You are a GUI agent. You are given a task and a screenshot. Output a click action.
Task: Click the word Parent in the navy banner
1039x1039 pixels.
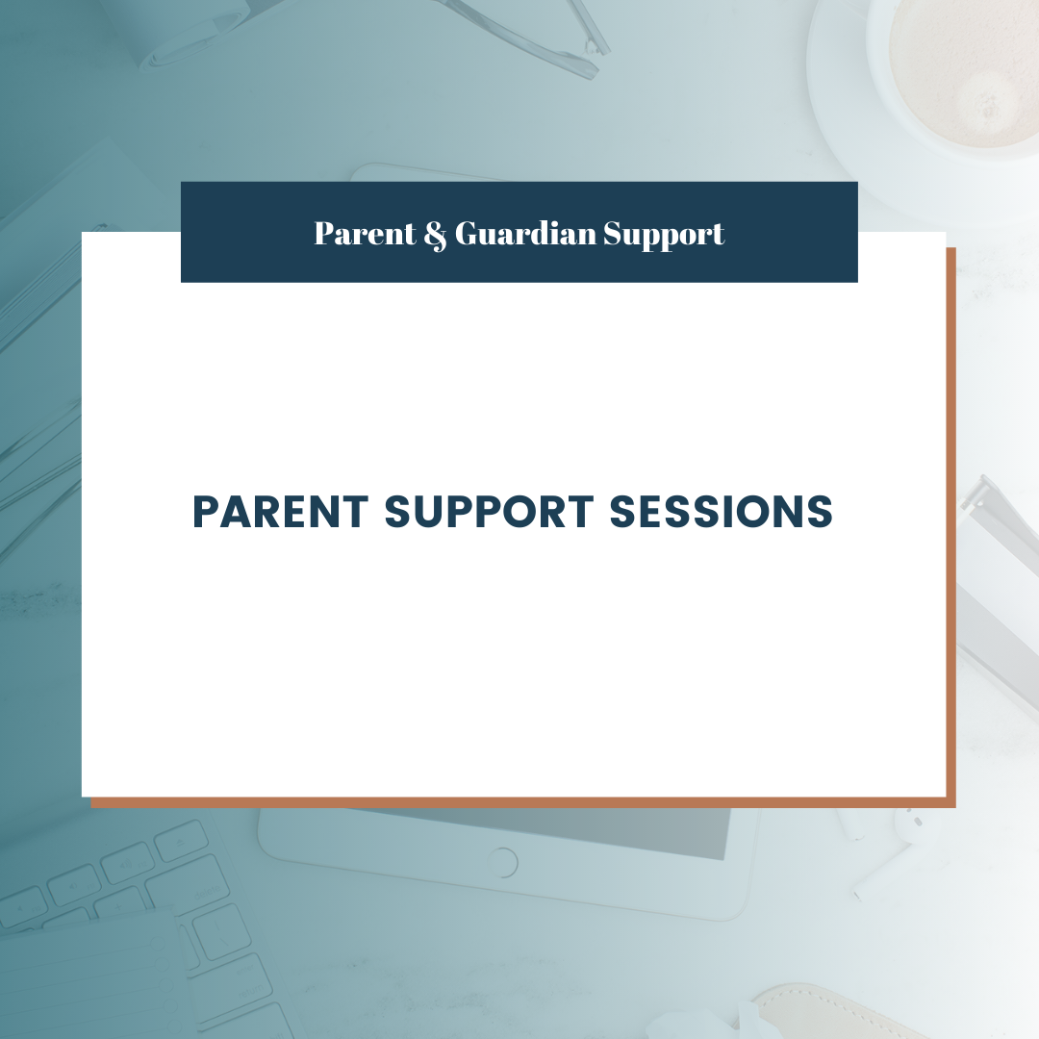coord(366,233)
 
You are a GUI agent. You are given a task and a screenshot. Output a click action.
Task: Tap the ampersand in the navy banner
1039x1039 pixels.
coord(436,236)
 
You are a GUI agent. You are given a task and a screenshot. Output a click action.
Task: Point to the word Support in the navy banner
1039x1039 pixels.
coord(664,236)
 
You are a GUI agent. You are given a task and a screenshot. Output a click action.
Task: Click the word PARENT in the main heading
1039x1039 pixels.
coord(280,512)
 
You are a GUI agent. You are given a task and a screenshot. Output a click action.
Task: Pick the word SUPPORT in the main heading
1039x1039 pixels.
coord(489,512)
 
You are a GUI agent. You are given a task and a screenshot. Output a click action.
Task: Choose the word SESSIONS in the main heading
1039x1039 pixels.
coord(721,512)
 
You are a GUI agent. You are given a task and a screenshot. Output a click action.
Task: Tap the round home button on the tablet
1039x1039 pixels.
coord(501,861)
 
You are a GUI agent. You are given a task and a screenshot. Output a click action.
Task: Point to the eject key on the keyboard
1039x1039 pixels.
coord(181,840)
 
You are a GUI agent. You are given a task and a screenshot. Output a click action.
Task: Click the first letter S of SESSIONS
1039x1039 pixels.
coord(622,512)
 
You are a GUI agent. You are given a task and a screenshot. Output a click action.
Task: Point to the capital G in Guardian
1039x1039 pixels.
coord(469,233)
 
